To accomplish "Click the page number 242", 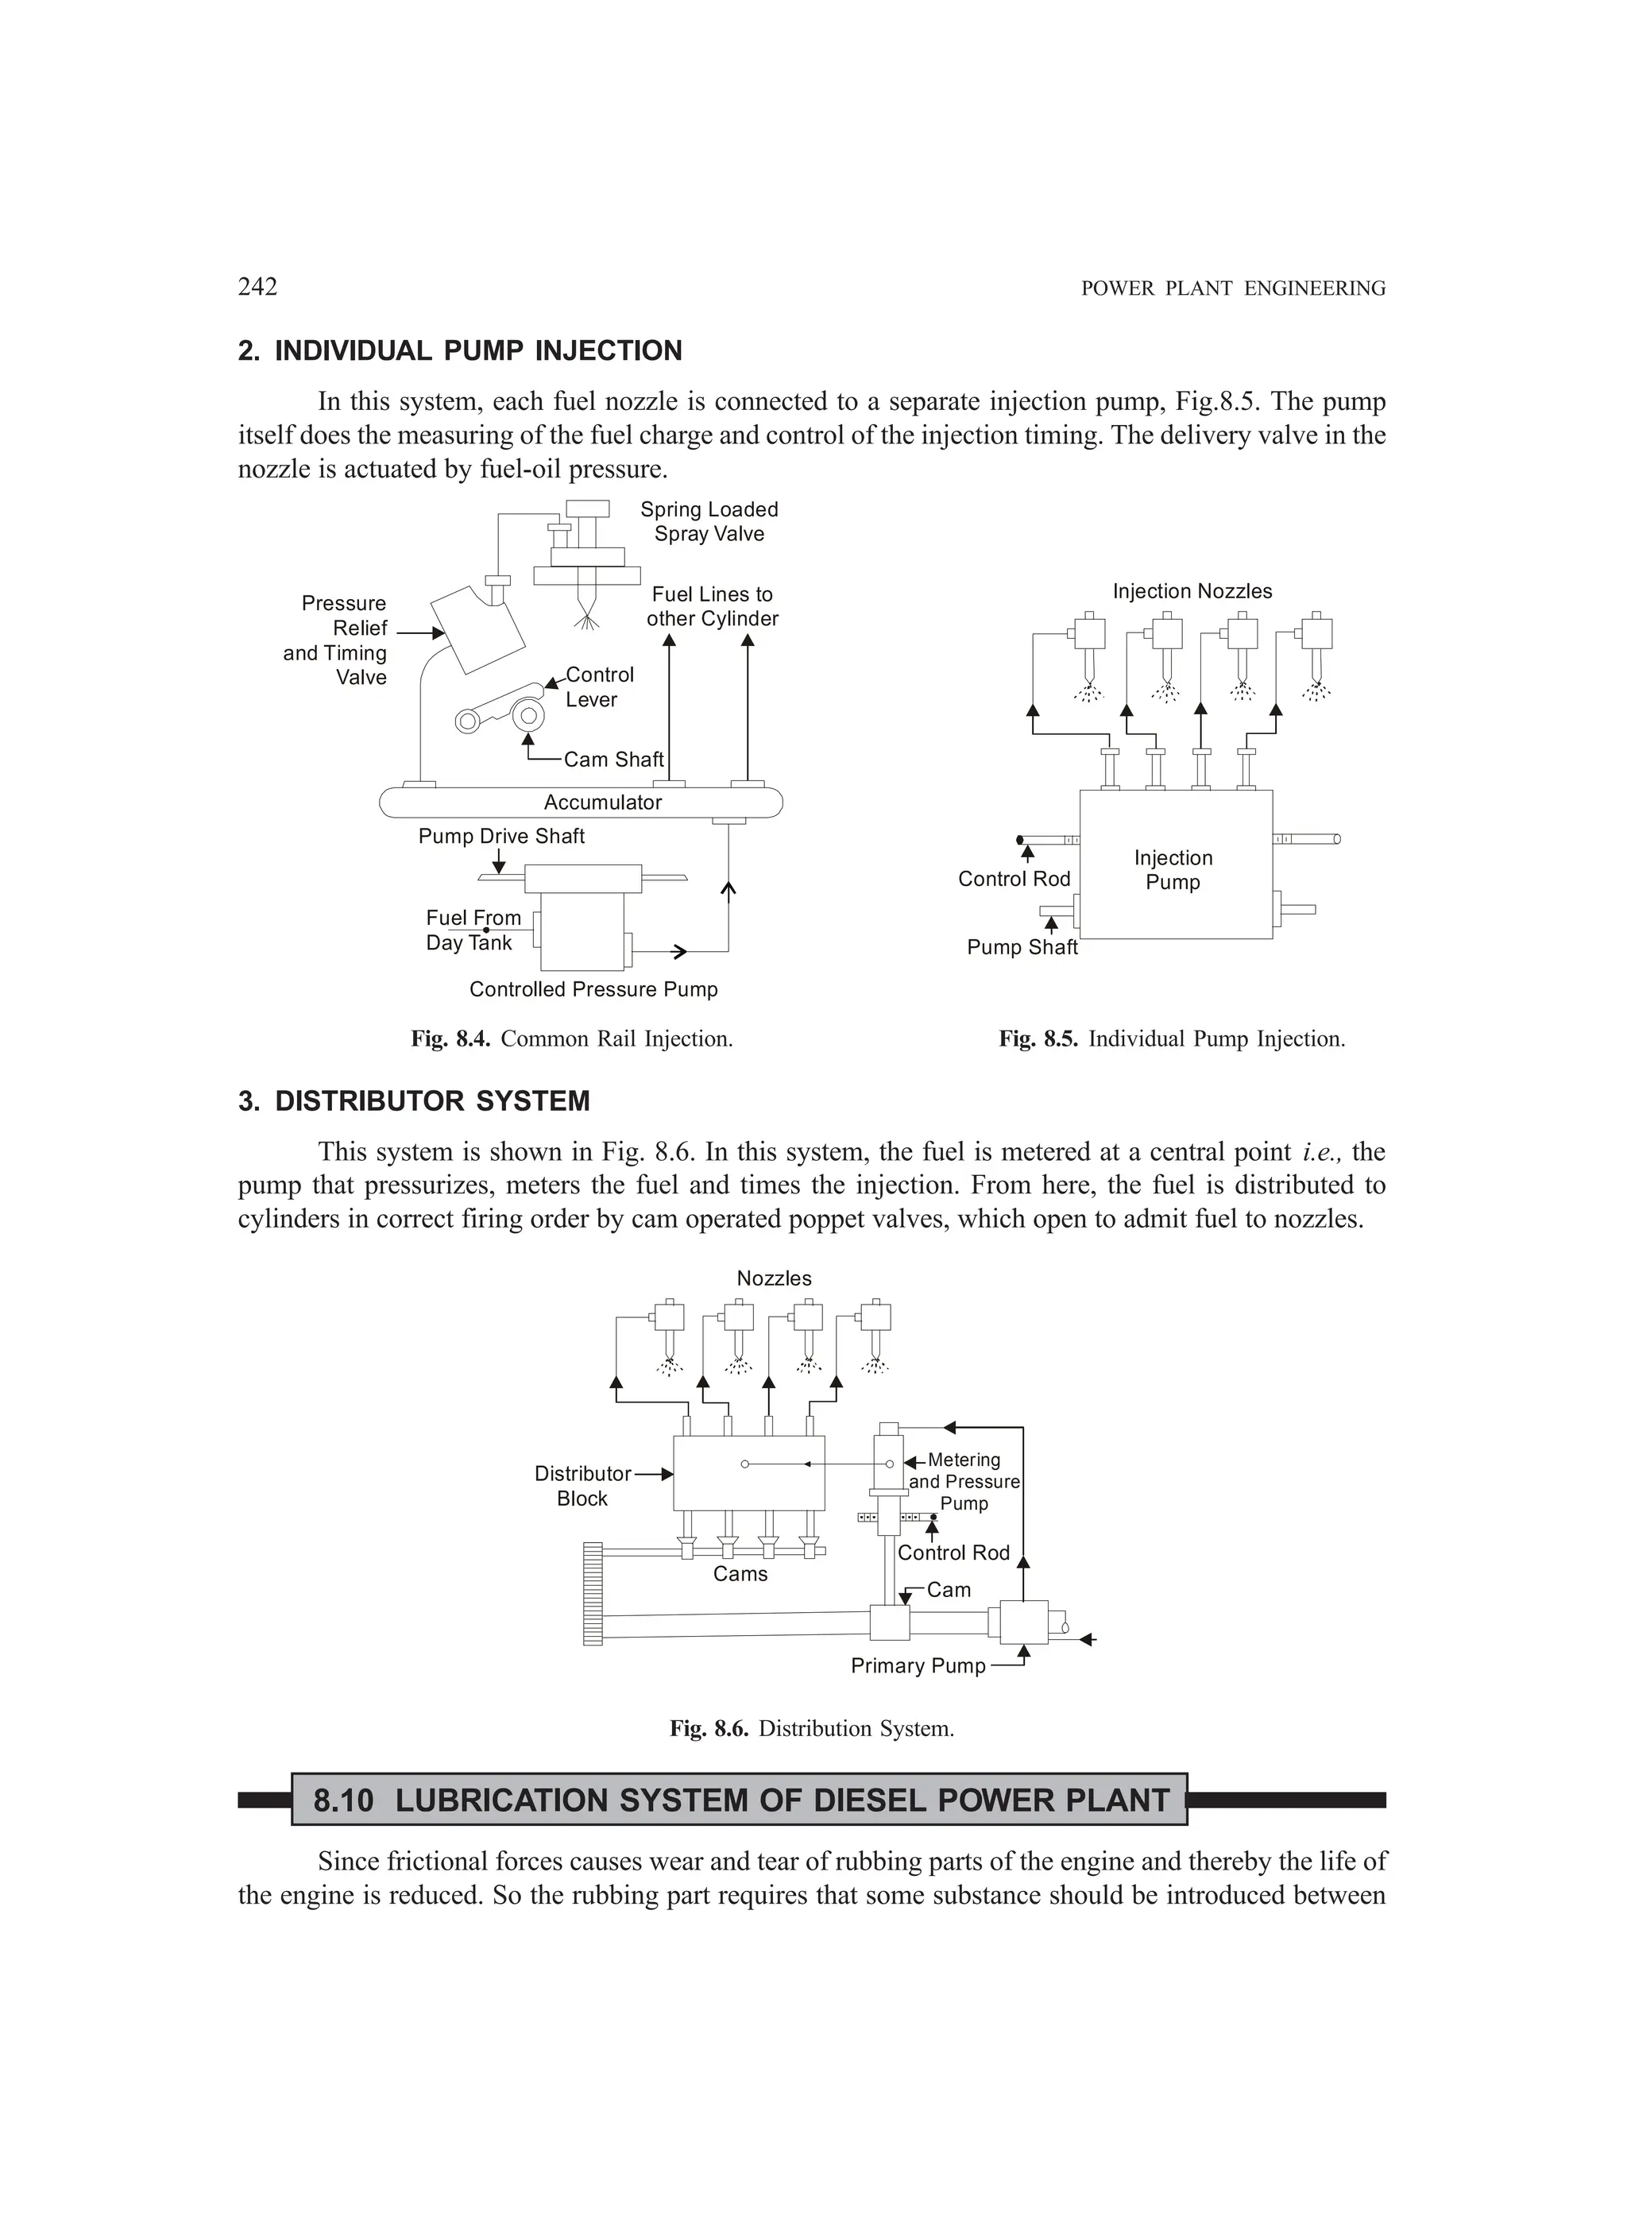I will [257, 286].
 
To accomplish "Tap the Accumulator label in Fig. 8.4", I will [602, 802].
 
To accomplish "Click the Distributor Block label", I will [582, 1486].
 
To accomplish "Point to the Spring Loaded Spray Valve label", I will [709, 521].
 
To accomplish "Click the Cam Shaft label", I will [613, 759].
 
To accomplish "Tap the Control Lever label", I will [599, 687].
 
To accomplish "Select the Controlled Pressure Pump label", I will [593, 989].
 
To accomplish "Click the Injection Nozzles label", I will [1192, 591].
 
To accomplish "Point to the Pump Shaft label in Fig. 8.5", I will [1022, 947].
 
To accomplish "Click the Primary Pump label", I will [918, 1665].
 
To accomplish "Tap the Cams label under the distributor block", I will [740, 1574].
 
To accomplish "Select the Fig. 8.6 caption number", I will [709, 1729].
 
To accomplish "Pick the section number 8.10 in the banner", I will [343, 1800].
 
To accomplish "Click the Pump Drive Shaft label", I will [501, 836].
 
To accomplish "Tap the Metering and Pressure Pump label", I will [964, 1481].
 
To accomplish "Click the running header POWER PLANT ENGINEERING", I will [1233, 288].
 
